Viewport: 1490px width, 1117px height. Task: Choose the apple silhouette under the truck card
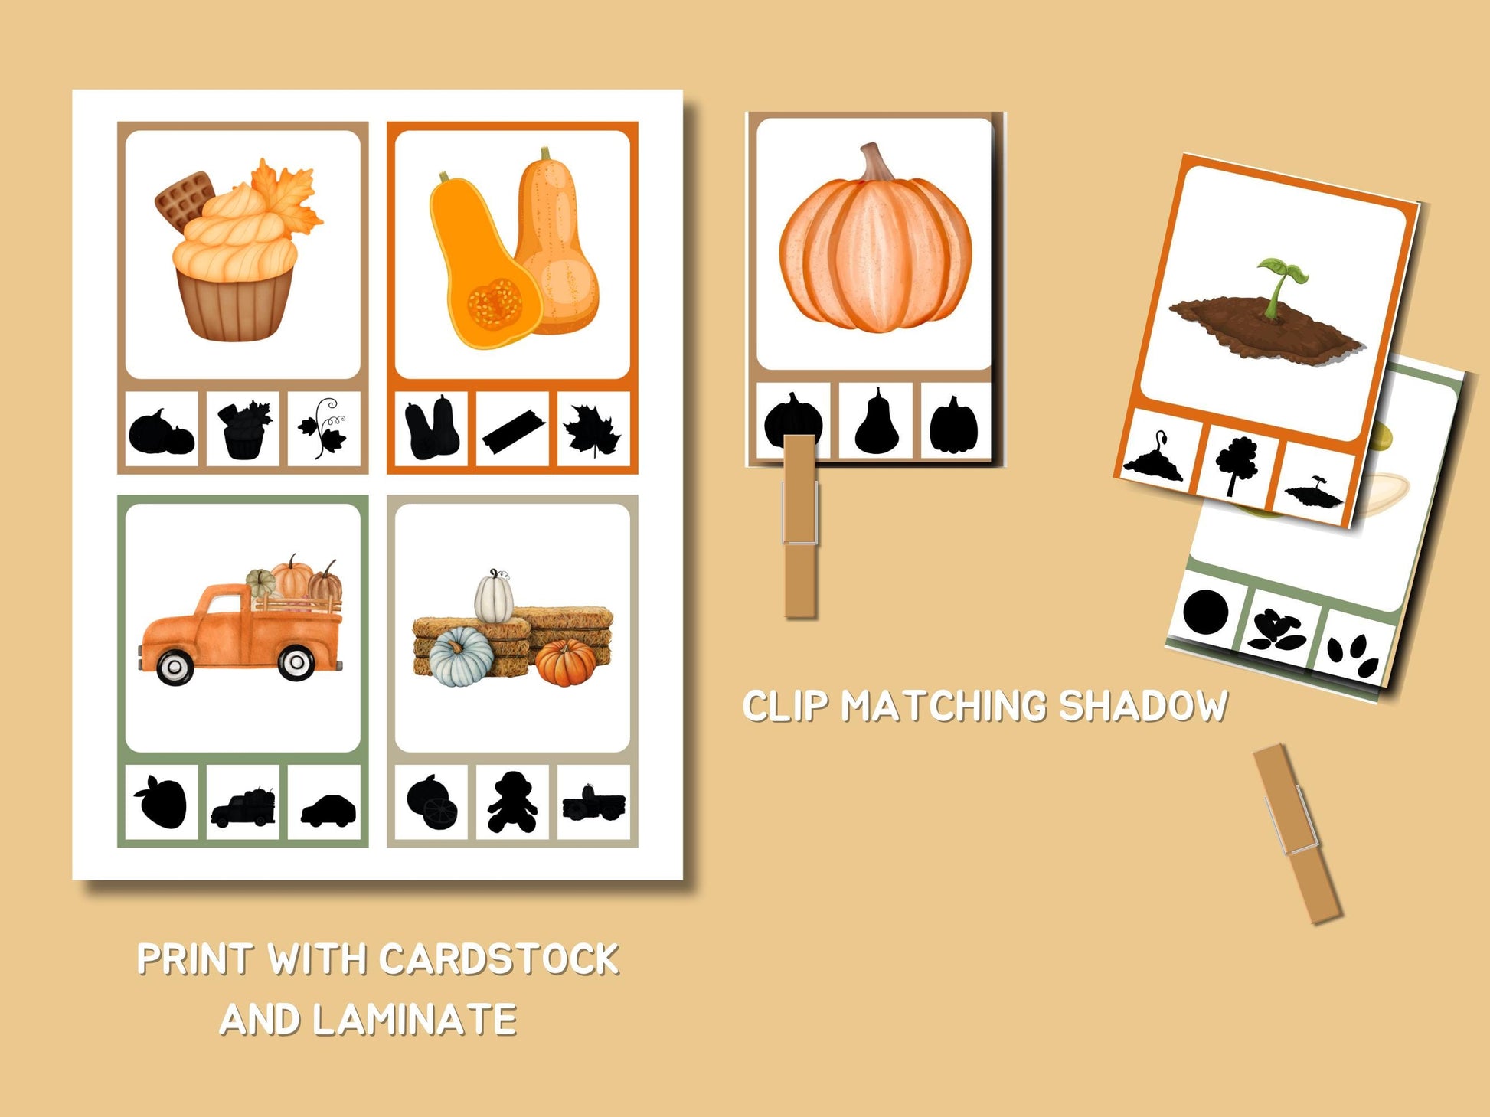pos(161,801)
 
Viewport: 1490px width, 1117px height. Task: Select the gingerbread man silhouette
pos(512,802)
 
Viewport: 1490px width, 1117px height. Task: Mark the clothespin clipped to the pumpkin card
pos(801,525)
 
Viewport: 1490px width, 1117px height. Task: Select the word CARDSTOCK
pos(499,959)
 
